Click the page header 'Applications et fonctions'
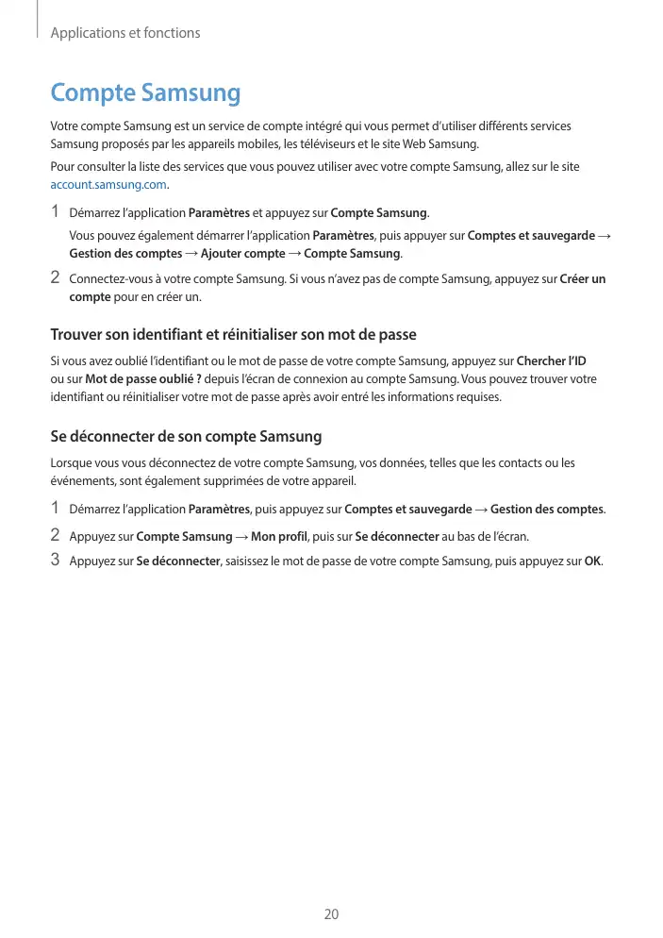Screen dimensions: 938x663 coord(125,33)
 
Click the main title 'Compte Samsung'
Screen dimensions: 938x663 coord(145,93)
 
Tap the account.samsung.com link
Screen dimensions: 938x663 coord(108,185)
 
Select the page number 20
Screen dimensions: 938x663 coord(331,914)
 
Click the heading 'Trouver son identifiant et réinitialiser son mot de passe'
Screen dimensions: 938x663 coord(233,335)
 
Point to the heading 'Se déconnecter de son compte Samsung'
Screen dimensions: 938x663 coord(186,437)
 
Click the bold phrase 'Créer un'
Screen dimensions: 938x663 coord(583,279)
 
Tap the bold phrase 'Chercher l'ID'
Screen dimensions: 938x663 coord(552,361)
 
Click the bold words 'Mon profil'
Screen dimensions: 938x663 coord(281,537)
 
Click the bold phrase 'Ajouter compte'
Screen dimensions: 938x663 coord(242,254)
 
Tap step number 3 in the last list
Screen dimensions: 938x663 coord(55,561)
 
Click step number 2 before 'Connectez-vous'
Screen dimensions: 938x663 coord(55,278)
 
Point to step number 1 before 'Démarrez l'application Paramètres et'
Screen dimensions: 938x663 coord(55,210)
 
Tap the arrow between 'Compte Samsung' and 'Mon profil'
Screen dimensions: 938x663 coord(242,537)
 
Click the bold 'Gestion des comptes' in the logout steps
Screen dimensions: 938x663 coord(547,510)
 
